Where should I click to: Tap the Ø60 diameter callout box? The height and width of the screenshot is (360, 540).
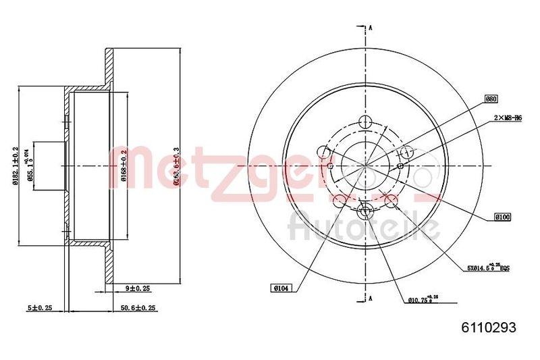(x=491, y=99)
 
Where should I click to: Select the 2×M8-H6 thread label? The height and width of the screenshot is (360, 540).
(x=508, y=118)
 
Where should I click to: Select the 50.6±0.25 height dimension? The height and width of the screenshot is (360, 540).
(x=138, y=308)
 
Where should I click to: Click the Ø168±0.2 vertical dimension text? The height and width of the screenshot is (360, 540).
(x=124, y=166)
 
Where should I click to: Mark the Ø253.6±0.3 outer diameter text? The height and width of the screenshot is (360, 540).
(x=176, y=166)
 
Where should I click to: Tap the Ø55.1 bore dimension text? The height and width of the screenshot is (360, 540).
(x=30, y=166)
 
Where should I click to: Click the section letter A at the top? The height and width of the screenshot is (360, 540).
(x=370, y=28)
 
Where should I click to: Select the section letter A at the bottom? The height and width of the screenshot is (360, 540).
(x=370, y=297)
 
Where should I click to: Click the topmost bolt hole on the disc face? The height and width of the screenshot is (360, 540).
(x=365, y=122)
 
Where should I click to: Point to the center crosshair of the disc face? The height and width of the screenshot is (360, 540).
(x=365, y=166)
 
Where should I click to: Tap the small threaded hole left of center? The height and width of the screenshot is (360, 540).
(x=330, y=166)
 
